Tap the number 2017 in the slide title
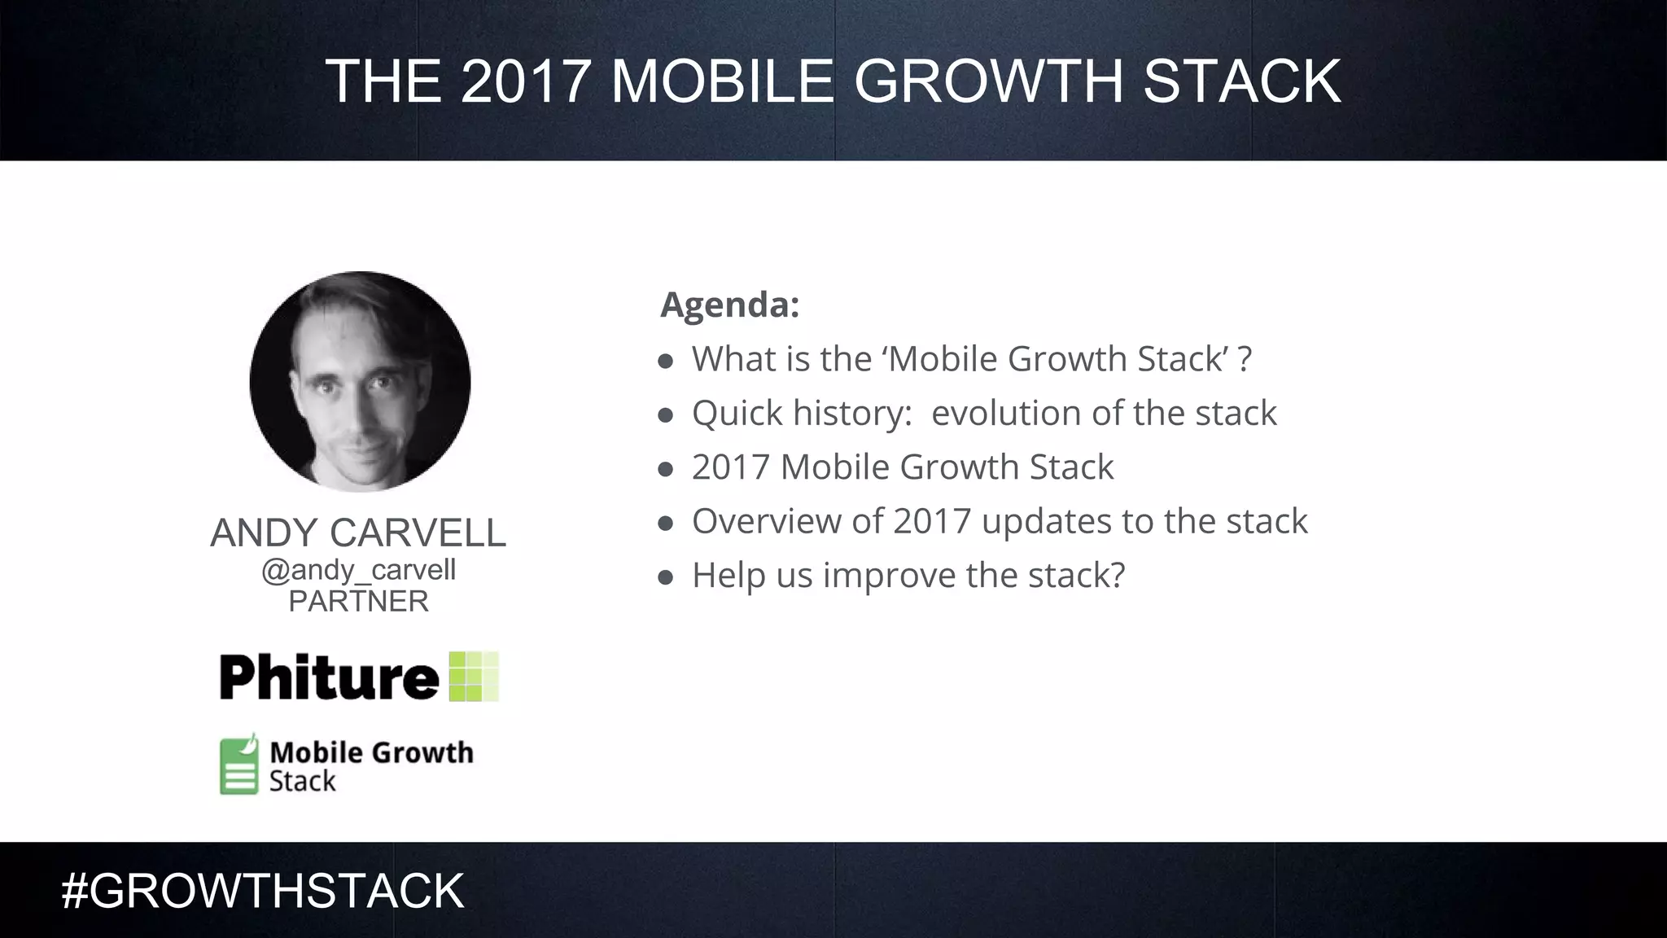click(x=525, y=81)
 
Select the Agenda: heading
click(x=729, y=305)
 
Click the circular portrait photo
click(x=360, y=381)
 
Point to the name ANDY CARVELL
click(x=358, y=533)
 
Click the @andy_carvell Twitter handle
click(x=358, y=570)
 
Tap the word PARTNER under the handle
click(x=358, y=602)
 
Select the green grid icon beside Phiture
click(x=474, y=677)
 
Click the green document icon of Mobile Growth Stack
click(x=238, y=765)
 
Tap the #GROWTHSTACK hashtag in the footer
click(x=263, y=891)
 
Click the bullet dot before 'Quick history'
click(x=666, y=415)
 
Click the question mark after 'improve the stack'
click(x=1118, y=575)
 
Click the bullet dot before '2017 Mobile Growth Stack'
click(x=666, y=469)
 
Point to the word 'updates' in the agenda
click(x=1046, y=522)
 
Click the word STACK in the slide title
click(x=1241, y=81)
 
